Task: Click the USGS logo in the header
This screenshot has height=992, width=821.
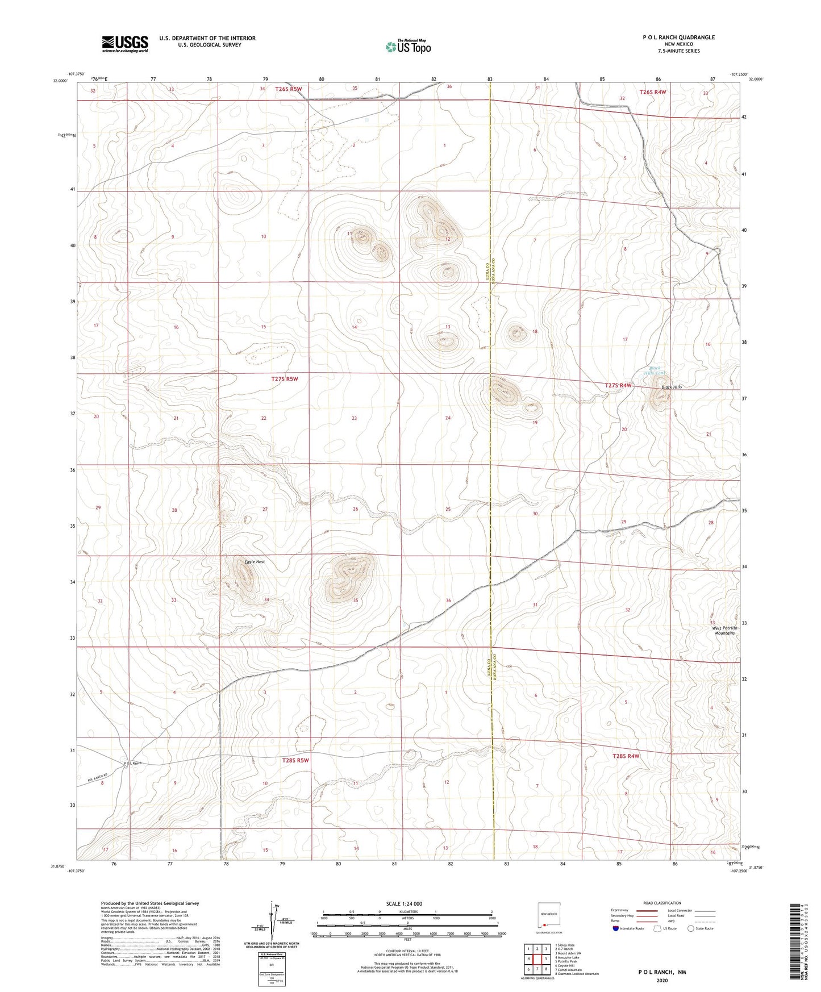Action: [x=124, y=44]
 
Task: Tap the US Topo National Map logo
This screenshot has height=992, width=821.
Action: [x=407, y=47]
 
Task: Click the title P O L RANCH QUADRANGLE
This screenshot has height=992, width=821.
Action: [x=678, y=37]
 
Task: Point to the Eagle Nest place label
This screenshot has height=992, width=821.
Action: [x=255, y=562]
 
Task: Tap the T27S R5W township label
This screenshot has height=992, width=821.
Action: [x=284, y=379]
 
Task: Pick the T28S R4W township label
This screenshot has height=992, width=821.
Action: [x=626, y=756]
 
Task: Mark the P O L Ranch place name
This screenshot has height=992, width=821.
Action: [x=132, y=764]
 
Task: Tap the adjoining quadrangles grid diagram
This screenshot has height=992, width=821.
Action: [x=537, y=959]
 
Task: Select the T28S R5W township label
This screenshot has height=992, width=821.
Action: [x=295, y=760]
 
